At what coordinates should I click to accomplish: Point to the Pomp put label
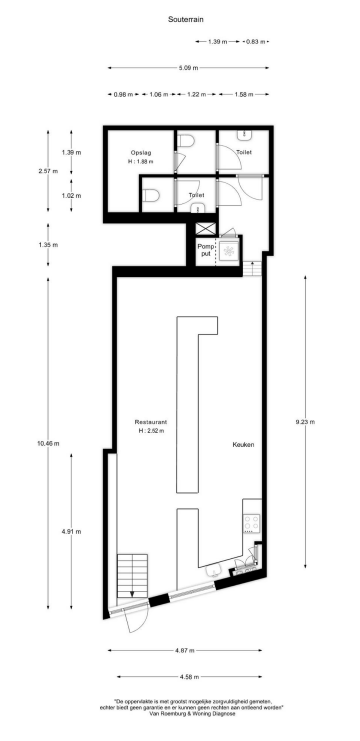pos(204,250)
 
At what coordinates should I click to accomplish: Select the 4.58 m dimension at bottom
pos(184,675)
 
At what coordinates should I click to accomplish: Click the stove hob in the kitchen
pos(251,523)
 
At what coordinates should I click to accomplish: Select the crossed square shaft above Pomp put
pos(205,230)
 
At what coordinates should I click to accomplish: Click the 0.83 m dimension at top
pos(256,42)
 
